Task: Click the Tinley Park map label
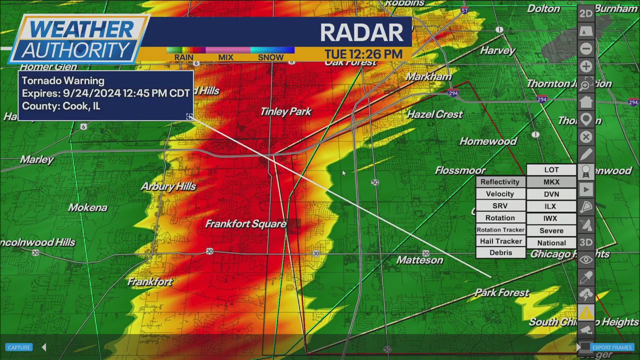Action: [286, 112]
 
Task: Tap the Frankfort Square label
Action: [246, 224]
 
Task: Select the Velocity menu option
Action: [500, 194]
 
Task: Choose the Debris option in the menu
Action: [500, 253]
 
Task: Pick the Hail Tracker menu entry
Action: [500, 241]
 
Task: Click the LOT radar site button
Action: [551, 170]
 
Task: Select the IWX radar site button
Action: [550, 218]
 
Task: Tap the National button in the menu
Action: [551, 243]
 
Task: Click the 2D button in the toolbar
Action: [586, 13]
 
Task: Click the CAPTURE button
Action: [19, 347]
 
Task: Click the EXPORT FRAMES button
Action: [612, 347]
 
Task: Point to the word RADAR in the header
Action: [361, 32]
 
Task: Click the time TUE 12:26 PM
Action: [363, 54]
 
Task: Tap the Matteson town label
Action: [419, 260]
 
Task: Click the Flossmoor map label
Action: [460, 170]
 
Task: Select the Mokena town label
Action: [88, 207]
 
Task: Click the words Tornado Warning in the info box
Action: [63, 81]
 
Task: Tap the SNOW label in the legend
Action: [270, 57]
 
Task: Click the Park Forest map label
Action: [502, 293]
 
